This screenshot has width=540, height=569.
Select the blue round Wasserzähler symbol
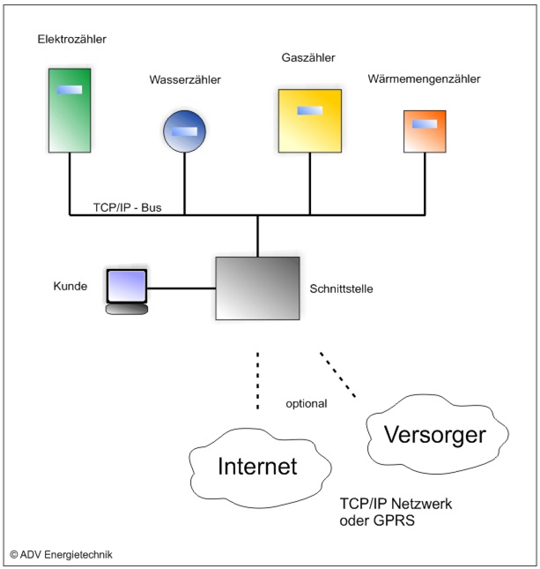(x=185, y=131)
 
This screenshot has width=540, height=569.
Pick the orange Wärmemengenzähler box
(x=425, y=131)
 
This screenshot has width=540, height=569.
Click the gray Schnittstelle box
(x=258, y=288)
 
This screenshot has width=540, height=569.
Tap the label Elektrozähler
(x=78, y=40)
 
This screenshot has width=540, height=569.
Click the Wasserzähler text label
(x=185, y=80)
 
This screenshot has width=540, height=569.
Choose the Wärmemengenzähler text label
(x=425, y=80)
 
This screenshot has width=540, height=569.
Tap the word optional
(x=307, y=403)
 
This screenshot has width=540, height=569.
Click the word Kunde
(x=70, y=286)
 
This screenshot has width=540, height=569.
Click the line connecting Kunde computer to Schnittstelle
(x=181, y=288)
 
